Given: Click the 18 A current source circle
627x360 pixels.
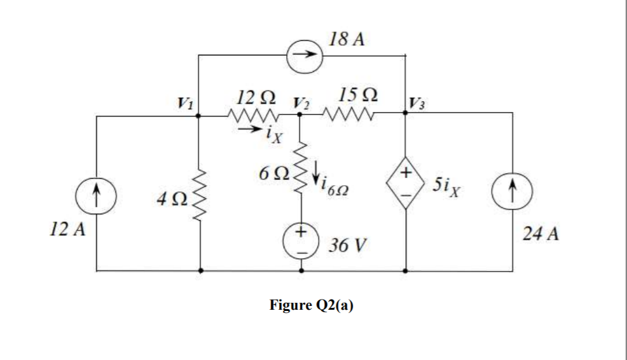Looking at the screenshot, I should click(x=305, y=55).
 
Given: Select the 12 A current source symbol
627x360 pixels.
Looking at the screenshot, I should click(x=97, y=193).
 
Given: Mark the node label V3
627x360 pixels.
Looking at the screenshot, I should click(x=417, y=102).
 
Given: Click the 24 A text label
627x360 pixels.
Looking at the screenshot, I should click(x=541, y=236).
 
